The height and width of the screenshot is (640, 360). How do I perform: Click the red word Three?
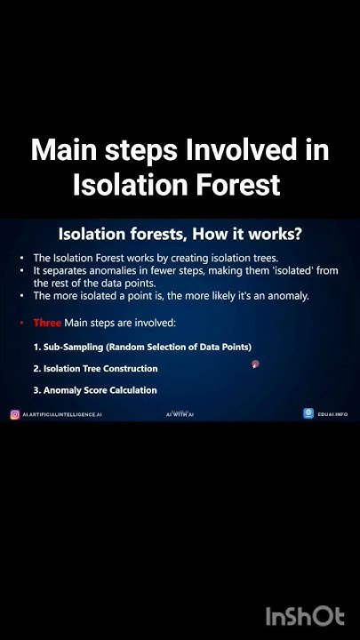click(x=47, y=323)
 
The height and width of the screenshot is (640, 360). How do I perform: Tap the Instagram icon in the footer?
click(x=15, y=414)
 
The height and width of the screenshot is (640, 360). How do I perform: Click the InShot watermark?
click(x=305, y=616)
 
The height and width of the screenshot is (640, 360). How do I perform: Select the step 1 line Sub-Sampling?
click(x=142, y=347)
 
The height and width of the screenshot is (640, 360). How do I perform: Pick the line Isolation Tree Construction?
click(x=95, y=369)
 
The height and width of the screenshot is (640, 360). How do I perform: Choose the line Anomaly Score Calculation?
click(x=95, y=390)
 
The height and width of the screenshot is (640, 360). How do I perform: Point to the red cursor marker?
click(x=255, y=364)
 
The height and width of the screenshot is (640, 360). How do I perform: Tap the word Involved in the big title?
click(x=240, y=150)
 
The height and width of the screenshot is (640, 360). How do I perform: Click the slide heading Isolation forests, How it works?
click(x=180, y=234)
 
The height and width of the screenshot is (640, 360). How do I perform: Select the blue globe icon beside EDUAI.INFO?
click(x=308, y=413)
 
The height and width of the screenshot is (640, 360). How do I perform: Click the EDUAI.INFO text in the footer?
click(x=332, y=414)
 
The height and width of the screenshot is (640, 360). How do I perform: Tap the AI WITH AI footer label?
click(x=180, y=414)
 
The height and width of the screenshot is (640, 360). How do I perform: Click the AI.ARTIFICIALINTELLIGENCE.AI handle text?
click(x=62, y=414)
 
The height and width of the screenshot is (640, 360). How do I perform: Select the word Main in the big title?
click(x=65, y=150)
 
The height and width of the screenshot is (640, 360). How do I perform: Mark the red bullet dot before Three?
click(x=21, y=324)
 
